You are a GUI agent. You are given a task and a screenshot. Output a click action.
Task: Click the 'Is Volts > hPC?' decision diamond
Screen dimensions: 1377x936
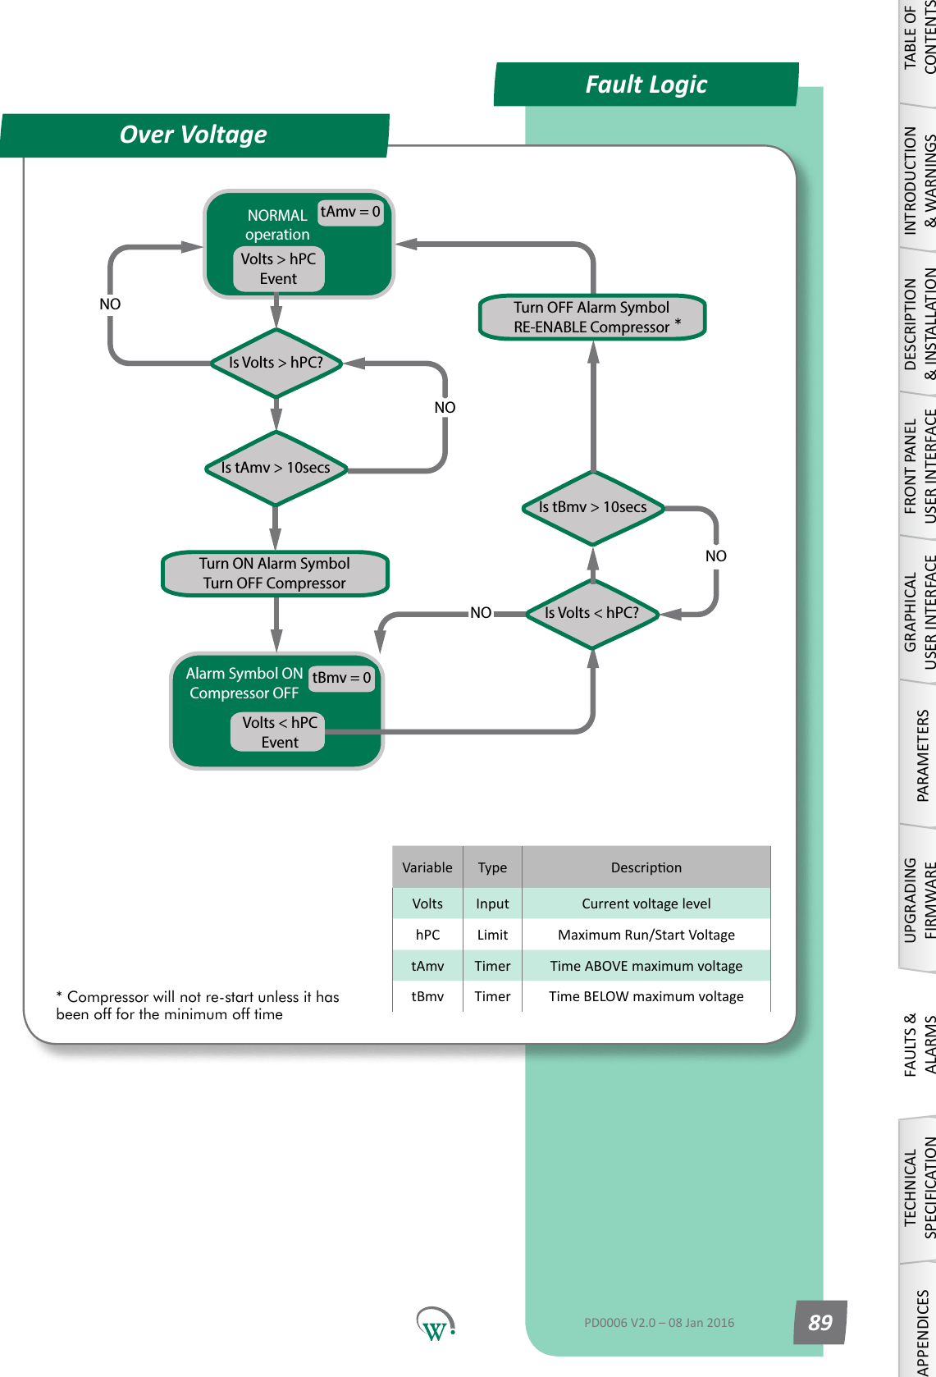point(276,363)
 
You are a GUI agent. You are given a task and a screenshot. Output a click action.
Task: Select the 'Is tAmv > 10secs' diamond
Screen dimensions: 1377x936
point(276,468)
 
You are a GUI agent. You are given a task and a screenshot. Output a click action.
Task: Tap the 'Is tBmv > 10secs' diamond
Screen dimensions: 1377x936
point(592,507)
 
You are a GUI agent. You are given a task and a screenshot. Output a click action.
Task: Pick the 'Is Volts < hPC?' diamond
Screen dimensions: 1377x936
point(591,613)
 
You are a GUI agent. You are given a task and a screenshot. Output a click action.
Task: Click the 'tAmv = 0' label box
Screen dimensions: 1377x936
point(350,212)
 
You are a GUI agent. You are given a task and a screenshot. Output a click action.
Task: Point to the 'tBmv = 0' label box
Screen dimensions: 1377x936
point(341,678)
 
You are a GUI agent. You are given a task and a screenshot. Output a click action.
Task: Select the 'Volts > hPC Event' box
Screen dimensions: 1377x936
point(278,269)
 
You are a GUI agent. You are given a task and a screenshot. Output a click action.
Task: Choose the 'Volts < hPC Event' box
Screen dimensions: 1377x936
point(279,732)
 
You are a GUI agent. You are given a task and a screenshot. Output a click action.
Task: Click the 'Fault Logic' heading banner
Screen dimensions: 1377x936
point(646,85)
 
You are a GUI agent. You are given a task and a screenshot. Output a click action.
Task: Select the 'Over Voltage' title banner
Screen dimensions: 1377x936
point(194,135)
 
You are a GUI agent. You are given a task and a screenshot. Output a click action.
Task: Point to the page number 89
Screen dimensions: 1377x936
point(820,1322)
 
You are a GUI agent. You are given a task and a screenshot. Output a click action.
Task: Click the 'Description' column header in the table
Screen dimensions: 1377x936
point(646,867)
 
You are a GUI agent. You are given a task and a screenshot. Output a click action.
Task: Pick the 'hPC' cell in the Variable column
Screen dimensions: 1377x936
point(427,935)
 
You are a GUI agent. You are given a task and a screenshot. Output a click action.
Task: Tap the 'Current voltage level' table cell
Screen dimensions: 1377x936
point(646,904)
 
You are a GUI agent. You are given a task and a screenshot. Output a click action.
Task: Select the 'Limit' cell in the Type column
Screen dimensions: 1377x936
point(492,935)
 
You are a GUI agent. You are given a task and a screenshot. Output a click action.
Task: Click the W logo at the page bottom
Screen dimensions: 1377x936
point(435,1324)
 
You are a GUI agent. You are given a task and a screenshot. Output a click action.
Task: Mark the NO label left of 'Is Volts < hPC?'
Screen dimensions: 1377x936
point(481,613)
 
